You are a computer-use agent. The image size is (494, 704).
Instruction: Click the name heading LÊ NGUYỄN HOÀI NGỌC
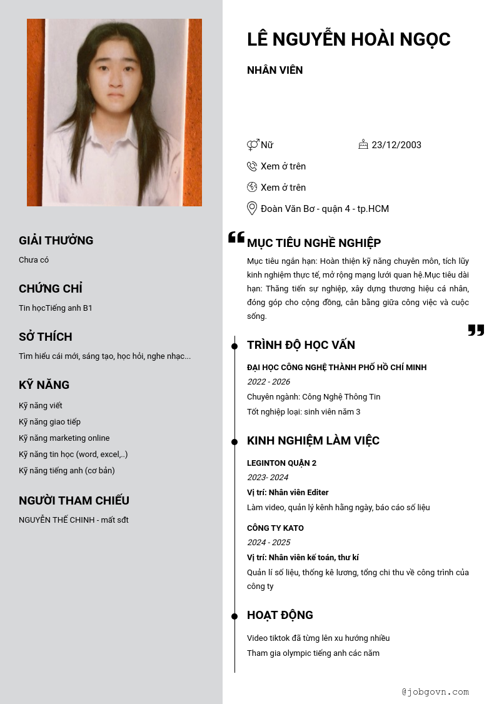click(x=348, y=39)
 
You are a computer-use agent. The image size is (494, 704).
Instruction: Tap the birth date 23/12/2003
click(x=396, y=145)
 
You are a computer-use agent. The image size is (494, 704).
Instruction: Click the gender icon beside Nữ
click(x=253, y=145)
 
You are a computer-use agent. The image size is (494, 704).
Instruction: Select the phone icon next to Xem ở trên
click(x=252, y=166)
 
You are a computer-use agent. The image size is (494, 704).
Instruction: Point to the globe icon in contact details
click(x=252, y=187)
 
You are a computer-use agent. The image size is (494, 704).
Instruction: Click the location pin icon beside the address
click(x=252, y=208)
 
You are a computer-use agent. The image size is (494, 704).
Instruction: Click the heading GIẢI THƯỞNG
click(x=56, y=240)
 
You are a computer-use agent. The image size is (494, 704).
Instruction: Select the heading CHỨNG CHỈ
click(x=51, y=288)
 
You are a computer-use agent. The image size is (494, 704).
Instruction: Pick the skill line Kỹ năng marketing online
click(x=64, y=438)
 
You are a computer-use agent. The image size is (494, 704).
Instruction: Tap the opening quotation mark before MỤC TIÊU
click(x=236, y=238)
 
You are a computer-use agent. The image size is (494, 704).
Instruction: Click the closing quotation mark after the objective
click(x=476, y=330)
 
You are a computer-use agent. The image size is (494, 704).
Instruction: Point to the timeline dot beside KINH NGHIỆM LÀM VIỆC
click(x=234, y=442)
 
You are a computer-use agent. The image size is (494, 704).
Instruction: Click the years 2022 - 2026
click(x=268, y=382)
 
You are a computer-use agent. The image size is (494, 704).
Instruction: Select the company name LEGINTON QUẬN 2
click(x=281, y=463)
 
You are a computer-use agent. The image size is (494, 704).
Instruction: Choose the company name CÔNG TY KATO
click(x=275, y=528)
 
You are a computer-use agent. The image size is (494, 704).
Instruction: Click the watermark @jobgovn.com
click(x=435, y=691)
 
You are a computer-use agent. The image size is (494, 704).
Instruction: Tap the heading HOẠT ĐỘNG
click(x=280, y=615)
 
